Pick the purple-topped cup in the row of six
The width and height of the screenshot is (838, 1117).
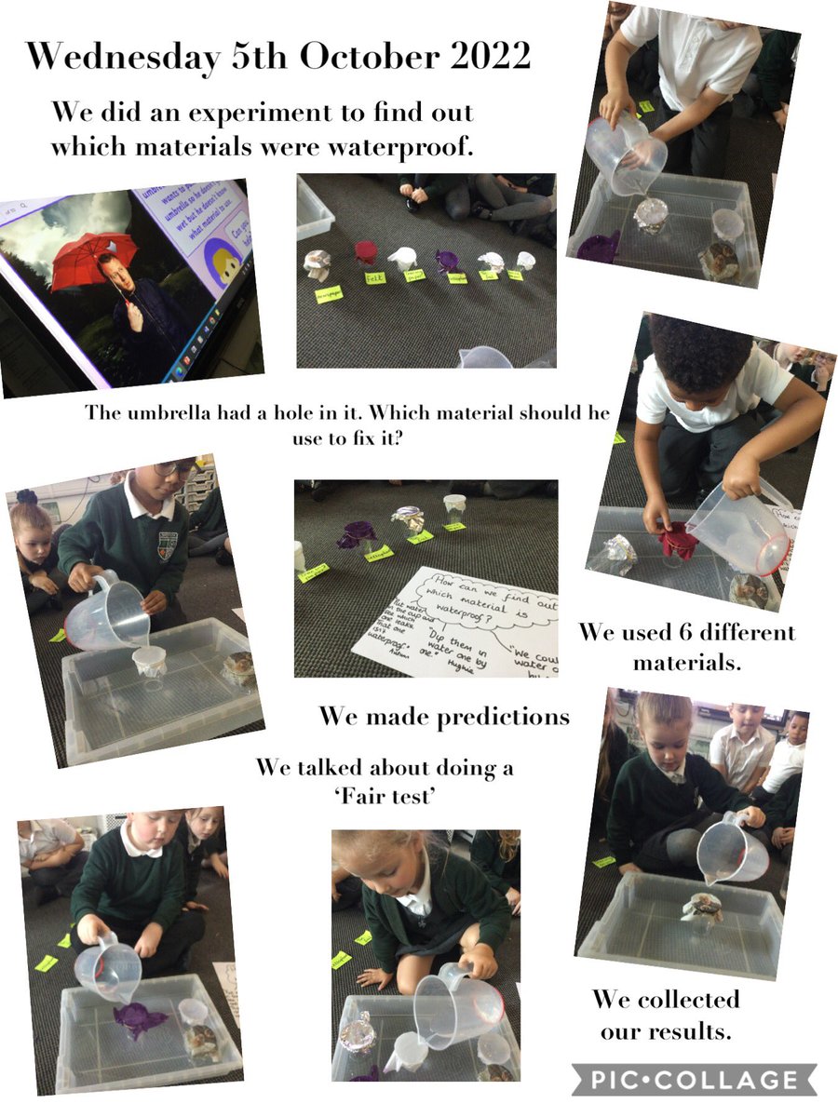tap(448, 260)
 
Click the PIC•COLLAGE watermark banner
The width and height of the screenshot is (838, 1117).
tap(693, 1081)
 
